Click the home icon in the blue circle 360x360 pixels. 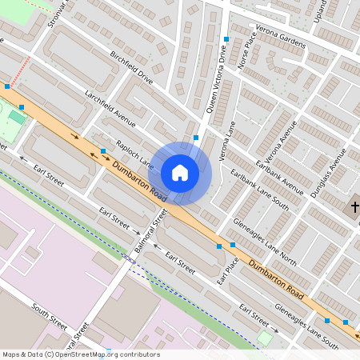(x=179, y=173)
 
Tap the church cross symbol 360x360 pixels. (x=354, y=208)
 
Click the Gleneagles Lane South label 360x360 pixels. (x=306, y=326)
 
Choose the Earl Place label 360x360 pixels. (x=228, y=270)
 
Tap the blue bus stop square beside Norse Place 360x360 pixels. (x=227, y=39)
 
